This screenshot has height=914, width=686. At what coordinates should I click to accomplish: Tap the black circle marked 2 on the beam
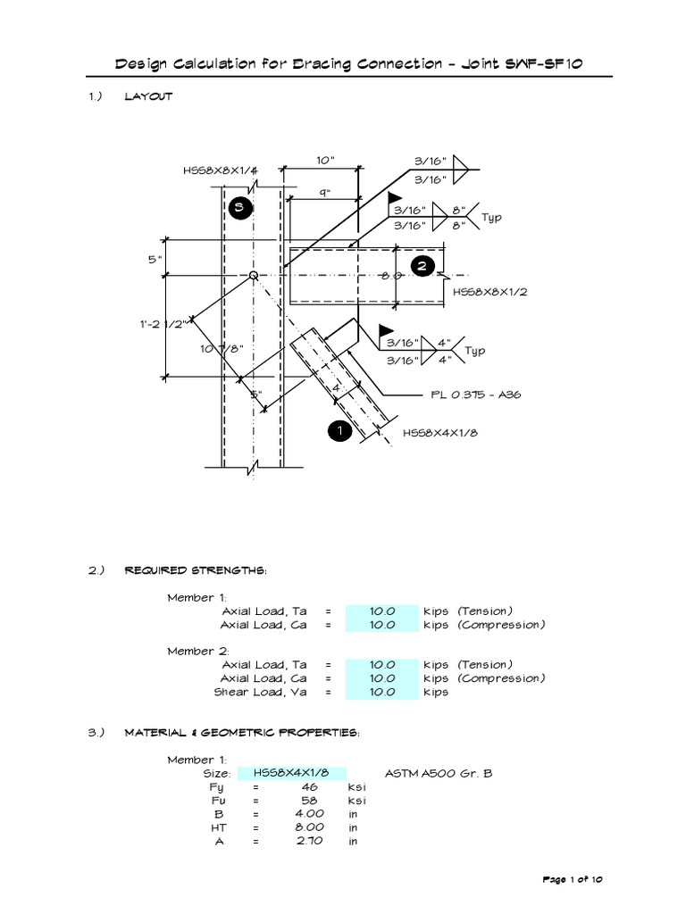click(x=423, y=265)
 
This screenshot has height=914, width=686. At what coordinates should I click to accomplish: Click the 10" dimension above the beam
click(x=324, y=161)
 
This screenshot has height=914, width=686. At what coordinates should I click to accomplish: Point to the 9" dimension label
click(x=324, y=192)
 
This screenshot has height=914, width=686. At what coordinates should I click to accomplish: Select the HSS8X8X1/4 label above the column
click(x=213, y=170)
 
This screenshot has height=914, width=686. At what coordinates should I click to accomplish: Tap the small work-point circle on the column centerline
click(x=254, y=276)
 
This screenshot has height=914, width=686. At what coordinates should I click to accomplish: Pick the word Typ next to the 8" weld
click(x=493, y=217)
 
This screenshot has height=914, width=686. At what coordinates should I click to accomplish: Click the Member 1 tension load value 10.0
click(x=381, y=611)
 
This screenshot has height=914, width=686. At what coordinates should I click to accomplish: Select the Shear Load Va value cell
click(x=381, y=692)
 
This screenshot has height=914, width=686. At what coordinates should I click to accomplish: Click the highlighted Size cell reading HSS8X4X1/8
click(x=292, y=773)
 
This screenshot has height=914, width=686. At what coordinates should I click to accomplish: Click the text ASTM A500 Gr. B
click(x=438, y=773)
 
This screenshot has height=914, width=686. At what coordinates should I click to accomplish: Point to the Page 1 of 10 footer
click(x=573, y=880)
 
